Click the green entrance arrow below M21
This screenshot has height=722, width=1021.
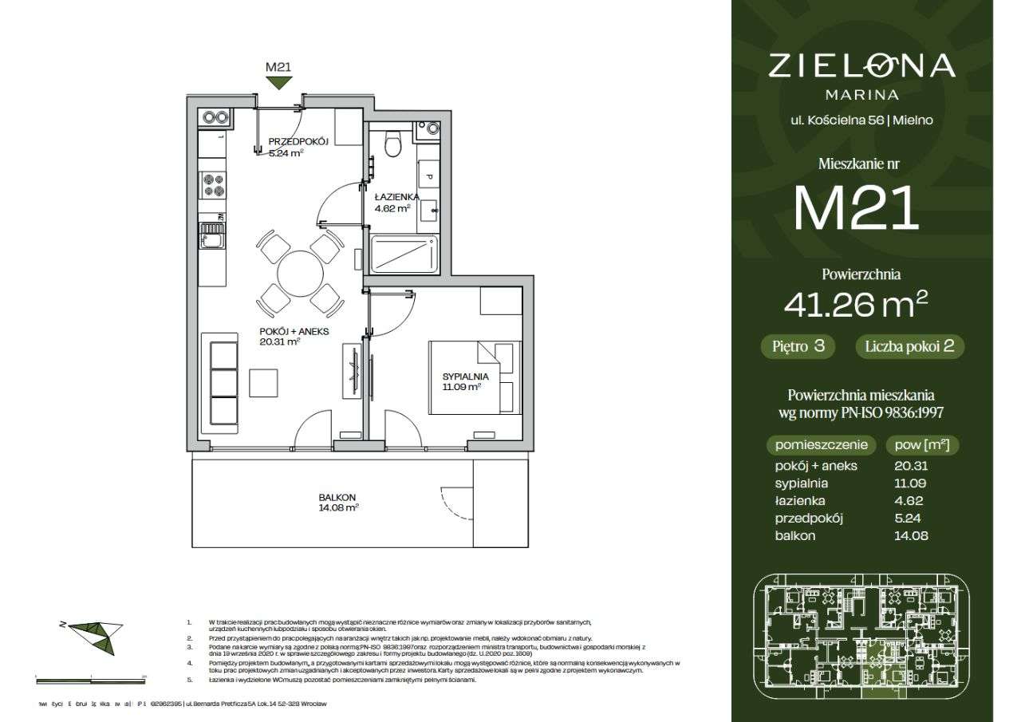pyautogui.click(x=278, y=81)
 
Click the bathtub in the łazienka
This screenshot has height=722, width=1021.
pyautogui.click(x=404, y=254)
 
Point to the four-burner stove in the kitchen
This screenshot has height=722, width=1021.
pyautogui.click(x=213, y=185)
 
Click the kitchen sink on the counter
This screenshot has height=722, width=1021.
pyautogui.click(x=212, y=235)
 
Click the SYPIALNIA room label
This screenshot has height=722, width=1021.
pyautogui.click(x=465, y=376)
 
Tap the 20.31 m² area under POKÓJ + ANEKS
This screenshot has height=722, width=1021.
pyautogui.click(x=279, y=341)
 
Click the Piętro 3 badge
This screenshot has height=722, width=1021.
pyautogui.click(x=798, y=346)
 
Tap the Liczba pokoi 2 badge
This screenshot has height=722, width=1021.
pyautogui.click(x=909, y=346)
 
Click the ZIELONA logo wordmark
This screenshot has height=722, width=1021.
pyautogui.click(x=861, y=65)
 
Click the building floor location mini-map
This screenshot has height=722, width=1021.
pyautogui.click(x=861, y=636)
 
